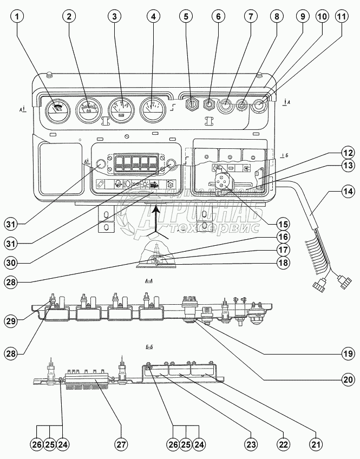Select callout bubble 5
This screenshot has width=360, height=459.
tap(187, 17)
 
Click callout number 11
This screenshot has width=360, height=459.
tap(341, 17)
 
